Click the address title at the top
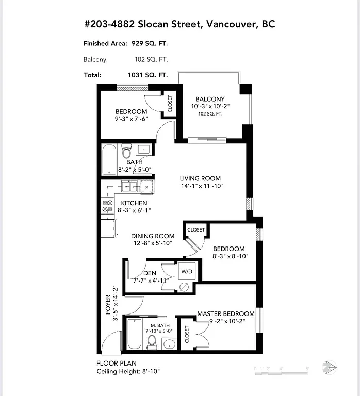tap(179, 24)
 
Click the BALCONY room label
tap(210, 99)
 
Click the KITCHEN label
tap(134, 203)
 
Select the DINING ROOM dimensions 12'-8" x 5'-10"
tap(152, 243)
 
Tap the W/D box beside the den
tap(186, 270)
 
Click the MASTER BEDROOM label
tap(226, 313)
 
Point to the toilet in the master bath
tap(152, 341)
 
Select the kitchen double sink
tap(129, 187)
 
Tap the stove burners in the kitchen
tap(108, 206)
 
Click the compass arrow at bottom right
tap(329, 368)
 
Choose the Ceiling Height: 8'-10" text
tap(127, 371)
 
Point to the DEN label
tap(150, 273)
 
